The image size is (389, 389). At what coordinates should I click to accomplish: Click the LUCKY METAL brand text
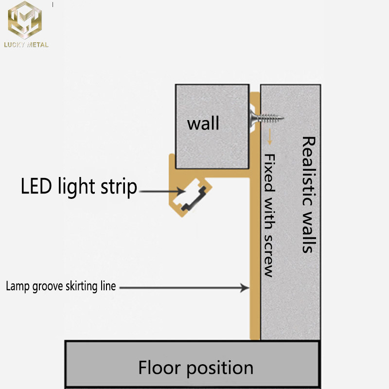click(26, 45)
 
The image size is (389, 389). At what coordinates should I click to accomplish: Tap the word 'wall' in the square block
click(203, 123)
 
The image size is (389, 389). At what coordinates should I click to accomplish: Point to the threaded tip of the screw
click(278, 117)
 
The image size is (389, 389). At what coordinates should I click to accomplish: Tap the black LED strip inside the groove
click(192, 197)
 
